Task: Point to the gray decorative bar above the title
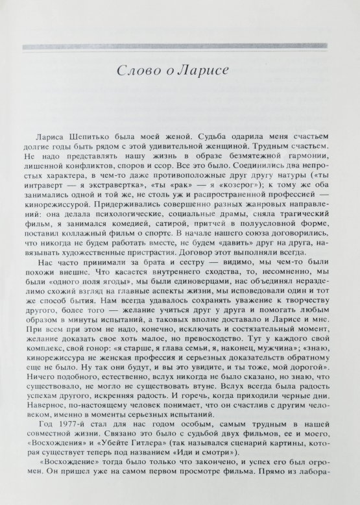click(x=181, y=46)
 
